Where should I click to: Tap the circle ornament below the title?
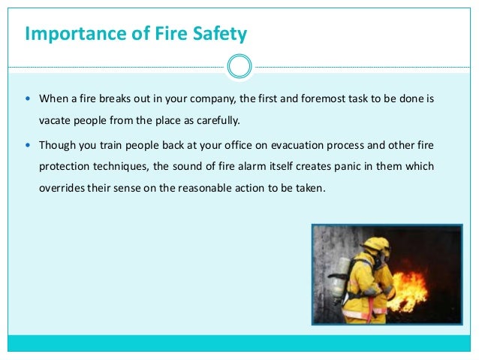(239, 66)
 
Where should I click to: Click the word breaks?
(116, 98)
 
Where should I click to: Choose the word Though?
(58, 145)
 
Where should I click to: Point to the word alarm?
(255, 165)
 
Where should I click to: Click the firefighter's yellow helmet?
(376, 245)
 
